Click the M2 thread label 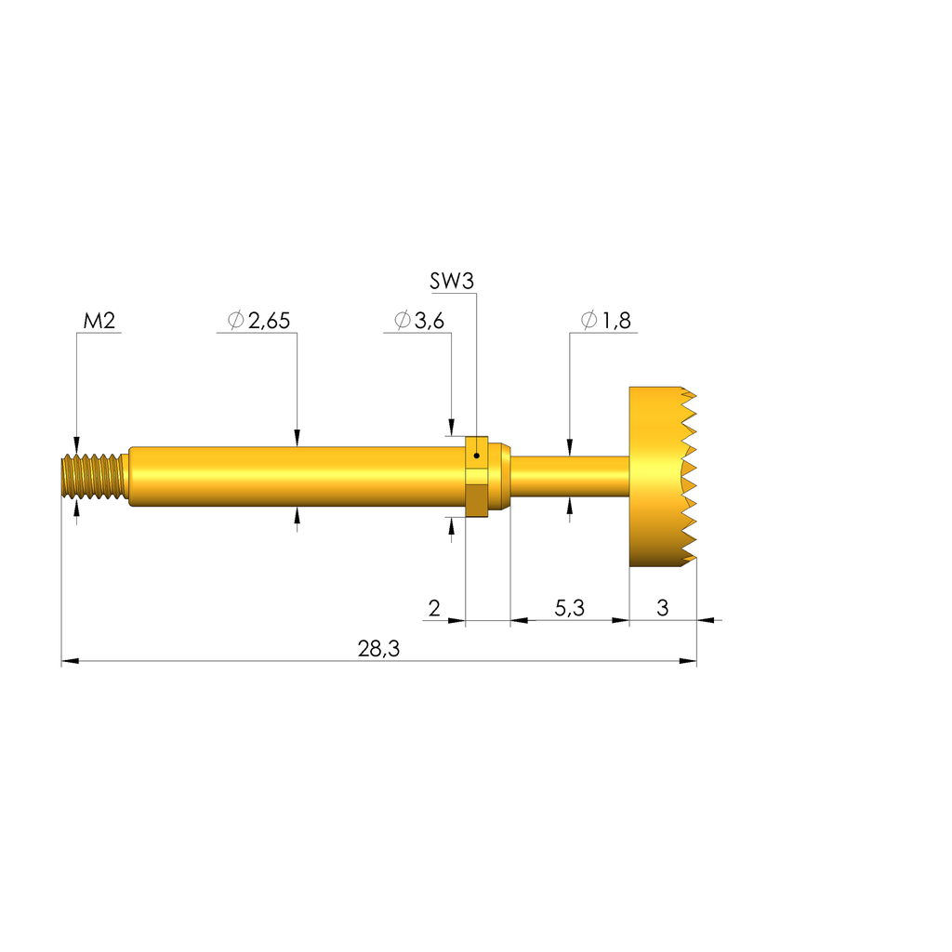(99, 321)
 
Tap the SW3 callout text (451, 281)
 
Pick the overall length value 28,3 (379, 649)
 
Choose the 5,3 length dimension (570, 608)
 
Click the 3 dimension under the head (662, 608)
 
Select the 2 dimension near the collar (434, 608)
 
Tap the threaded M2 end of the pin (95, 477)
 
